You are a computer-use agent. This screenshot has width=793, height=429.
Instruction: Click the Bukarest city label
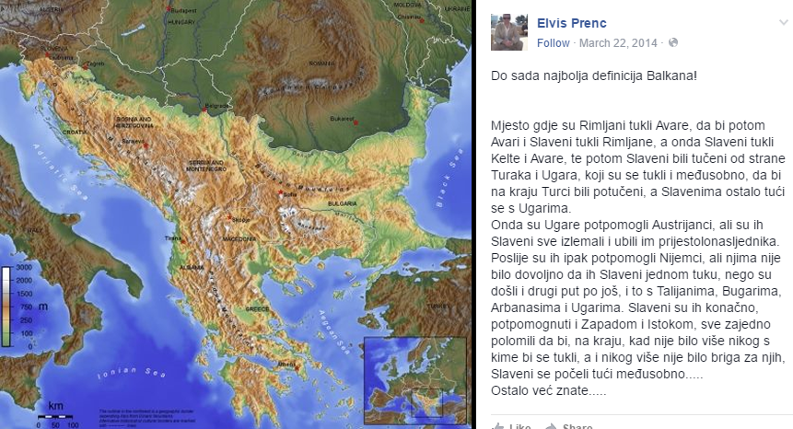[343, 118]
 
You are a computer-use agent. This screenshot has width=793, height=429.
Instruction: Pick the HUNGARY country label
[182, 22]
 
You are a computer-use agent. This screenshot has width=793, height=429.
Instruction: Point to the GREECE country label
[257, 309]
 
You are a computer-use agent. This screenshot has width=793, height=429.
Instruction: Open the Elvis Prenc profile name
[572, 23]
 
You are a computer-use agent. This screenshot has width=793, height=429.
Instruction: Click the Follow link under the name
[554, 42]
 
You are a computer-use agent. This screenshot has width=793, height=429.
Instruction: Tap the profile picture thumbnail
[508, 32]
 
